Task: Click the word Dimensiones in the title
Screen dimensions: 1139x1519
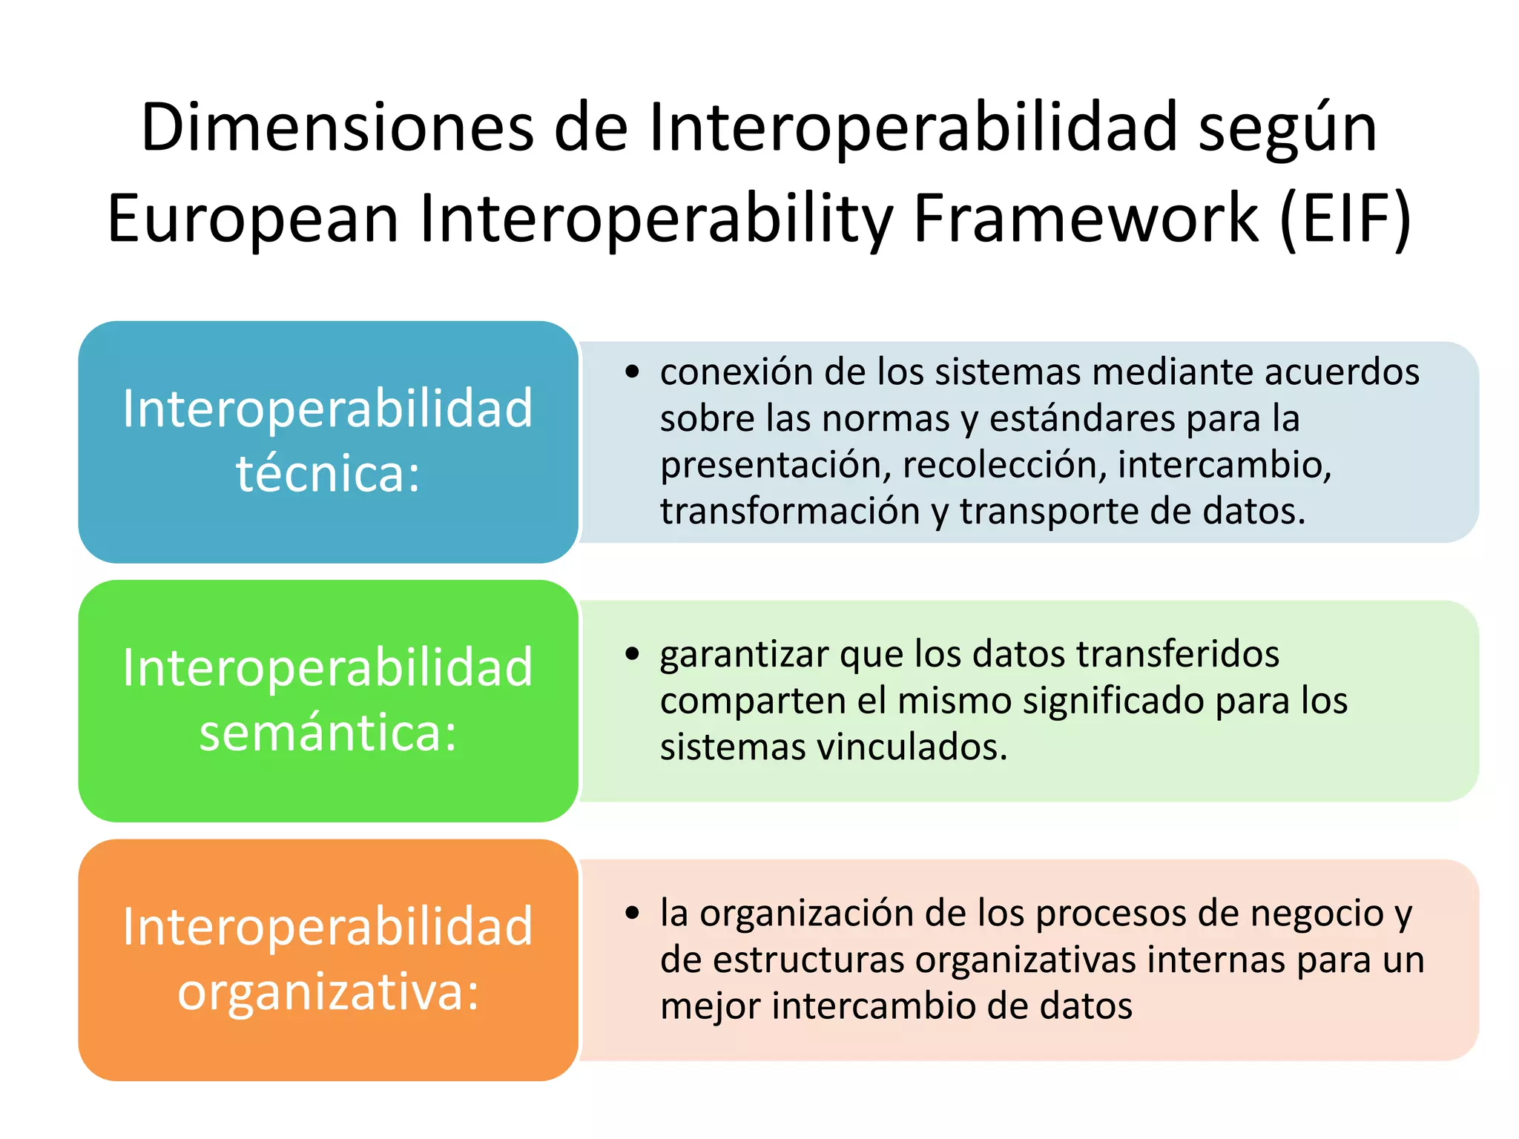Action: coord(337,128)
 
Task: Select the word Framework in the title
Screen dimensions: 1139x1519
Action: coord(1086,219)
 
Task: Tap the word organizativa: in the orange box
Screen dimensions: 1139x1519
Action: coord(328,991)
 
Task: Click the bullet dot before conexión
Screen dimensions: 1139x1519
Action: coord(632,372)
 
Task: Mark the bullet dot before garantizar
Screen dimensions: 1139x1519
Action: coord(632,653)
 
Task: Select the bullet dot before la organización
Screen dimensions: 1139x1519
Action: coord(632,913)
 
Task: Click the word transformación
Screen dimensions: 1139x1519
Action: coord(790,512)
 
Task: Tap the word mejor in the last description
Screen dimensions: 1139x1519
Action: coord(710,1007)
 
